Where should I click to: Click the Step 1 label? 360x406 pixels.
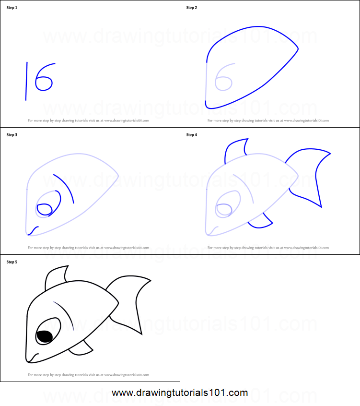pyautogui.click(x=12, y=8)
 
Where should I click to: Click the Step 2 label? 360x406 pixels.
pyautogui.click(x=192, y=8)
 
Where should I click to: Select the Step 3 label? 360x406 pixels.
pyautogui.click(x=12, y=135)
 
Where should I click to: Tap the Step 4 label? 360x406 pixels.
pyautogui.click(x=192, y=135)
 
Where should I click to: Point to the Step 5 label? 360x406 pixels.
pyautogui.click(x=12, y=262)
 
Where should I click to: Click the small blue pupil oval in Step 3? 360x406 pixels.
pyautogui.click(x=45, y=209)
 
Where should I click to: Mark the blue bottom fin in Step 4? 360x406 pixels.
pyautogui.click(x=261, y=222)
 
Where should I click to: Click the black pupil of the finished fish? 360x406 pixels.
pyautogui.click(x=45, y=337)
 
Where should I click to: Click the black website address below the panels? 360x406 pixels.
pyautogui.click(x=180, y=393)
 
